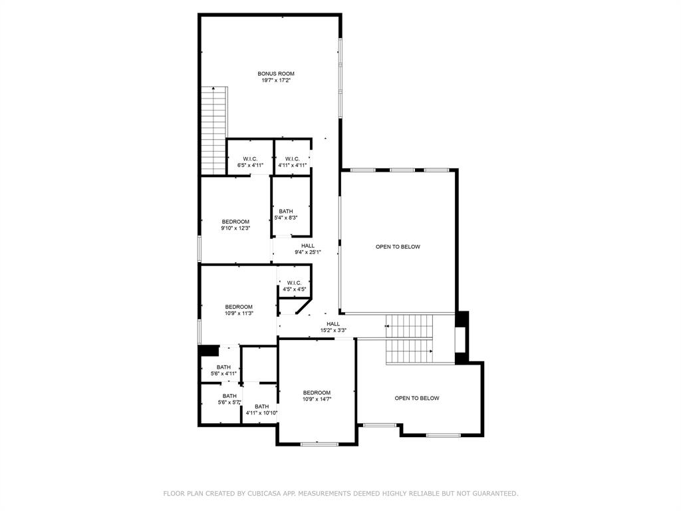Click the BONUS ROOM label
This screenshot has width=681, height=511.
276,74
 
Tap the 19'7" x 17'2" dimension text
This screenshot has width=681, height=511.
276,81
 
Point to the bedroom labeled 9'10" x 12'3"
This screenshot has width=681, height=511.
235,225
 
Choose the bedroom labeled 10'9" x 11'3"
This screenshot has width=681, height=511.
239,310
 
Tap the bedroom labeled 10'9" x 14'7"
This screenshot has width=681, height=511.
317,396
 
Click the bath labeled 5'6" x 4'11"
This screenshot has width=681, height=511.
223,370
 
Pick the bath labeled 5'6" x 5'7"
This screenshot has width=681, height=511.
229,399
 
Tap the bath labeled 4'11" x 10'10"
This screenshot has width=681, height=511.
261,410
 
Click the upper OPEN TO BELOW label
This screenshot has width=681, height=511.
398,247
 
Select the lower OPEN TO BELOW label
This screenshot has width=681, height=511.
417,399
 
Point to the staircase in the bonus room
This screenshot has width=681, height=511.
215,130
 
